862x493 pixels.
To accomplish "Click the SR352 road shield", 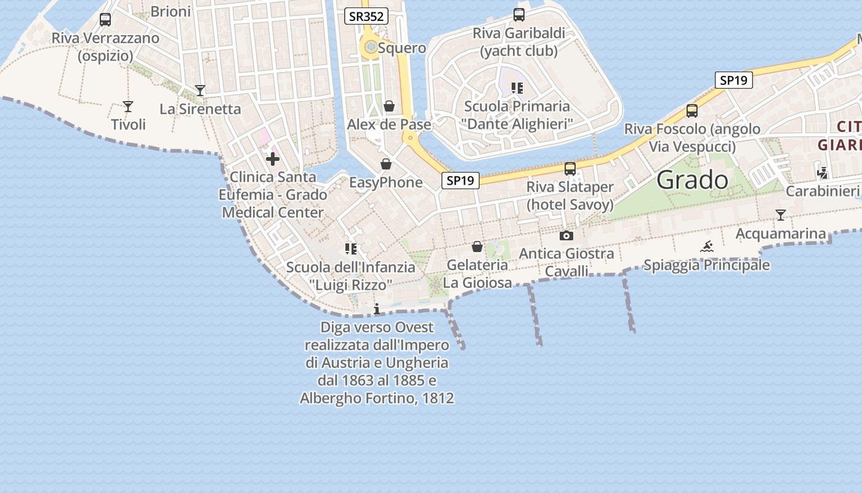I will tap(366, 17).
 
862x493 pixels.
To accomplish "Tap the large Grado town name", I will tap(692, 180).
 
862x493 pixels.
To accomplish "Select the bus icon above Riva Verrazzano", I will tap(105, 20).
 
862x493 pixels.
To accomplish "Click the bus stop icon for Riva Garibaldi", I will tap(519, 15).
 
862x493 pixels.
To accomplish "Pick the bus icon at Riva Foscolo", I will tap(692, 111).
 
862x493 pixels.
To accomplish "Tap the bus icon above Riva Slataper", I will tap(570, 168).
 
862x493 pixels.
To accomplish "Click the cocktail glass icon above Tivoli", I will tap(128, 107).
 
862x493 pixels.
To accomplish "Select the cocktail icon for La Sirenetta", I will tap(200, 91).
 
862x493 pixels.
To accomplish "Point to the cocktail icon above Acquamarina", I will tap(781, 215).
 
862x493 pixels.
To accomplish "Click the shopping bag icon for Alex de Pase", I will tap(389, 107).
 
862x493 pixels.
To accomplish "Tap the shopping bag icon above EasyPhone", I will tap(386, 164).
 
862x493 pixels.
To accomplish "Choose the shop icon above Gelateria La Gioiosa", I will tap(477, 247).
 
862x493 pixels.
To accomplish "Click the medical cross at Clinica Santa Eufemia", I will tap(272, 159).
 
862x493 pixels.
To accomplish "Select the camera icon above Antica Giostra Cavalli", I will tap(566, 235).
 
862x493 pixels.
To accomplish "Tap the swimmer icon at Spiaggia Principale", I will tap(707, 247).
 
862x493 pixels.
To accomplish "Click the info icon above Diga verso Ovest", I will tap(377, 309).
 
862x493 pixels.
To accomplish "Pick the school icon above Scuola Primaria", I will tap(517, 88).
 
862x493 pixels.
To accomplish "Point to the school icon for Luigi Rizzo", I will tap(351, 249).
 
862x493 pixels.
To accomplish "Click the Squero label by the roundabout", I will tap(402, 48).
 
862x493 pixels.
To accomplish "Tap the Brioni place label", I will tap(171, 11).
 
